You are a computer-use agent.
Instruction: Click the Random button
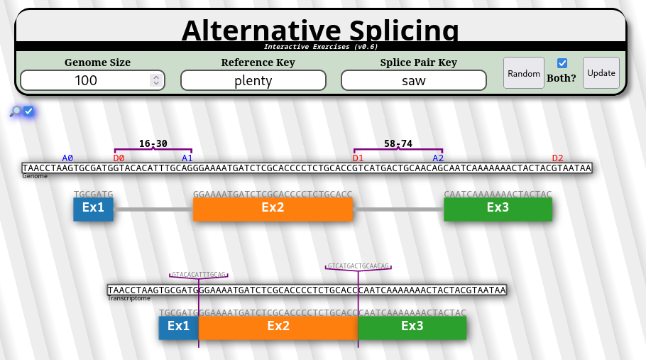[524, 73]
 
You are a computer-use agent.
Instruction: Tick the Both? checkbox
[562, 63]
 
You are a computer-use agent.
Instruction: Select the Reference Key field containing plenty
[253, 80]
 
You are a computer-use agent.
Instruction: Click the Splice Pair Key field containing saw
[414, 80]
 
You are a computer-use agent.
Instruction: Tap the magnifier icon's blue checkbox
[29, 111]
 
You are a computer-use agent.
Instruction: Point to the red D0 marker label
[119, 158]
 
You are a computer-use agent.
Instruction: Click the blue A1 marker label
[187, 158]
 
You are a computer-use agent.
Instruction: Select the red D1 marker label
[358, 158]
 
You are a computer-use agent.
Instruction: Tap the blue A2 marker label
[438, 158]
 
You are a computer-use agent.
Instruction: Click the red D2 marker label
[557, 158]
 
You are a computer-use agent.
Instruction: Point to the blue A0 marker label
[67, 158]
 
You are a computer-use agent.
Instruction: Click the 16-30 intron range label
[153, 143]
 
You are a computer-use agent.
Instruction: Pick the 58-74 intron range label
[398, 143]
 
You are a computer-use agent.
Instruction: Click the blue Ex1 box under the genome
[93, 208]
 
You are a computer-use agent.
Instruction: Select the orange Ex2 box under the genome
[273, 208]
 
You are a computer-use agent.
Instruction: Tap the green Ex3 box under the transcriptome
[412, 327]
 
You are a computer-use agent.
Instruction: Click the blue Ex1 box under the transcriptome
[178, 327]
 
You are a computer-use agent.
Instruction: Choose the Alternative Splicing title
[320, 30]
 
